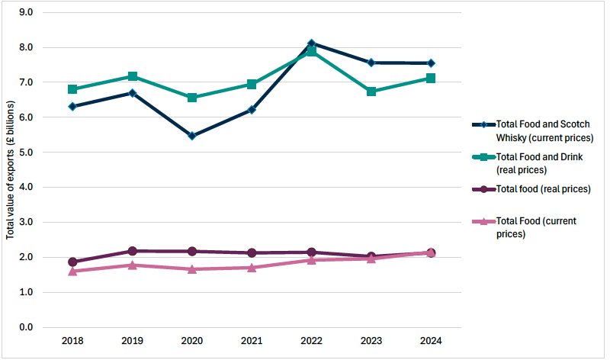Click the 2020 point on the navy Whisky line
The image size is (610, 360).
click(x=192, y=136)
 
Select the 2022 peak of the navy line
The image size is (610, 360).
click(x=312, y=43)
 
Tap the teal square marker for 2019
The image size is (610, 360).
click(x=133, y=76)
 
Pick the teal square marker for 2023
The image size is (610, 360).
click(x=371, y=92)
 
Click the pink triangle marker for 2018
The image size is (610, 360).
click(x=72, y=271)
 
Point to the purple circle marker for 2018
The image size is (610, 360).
click(x=72, y=262)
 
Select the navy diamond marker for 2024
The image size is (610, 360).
click(x=431, y=63)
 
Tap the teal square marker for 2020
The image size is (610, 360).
click(x=192, y=98)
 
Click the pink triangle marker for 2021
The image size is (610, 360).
click(x=252, y=268)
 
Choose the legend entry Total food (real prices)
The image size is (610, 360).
click(x=543, y=188)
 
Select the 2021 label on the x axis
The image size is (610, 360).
click(x=252, y=341)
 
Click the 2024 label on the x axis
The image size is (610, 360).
click(x=431, y=341)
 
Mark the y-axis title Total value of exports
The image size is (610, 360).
click(x=10, y=169)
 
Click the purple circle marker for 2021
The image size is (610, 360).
click(x=252, y=252)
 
